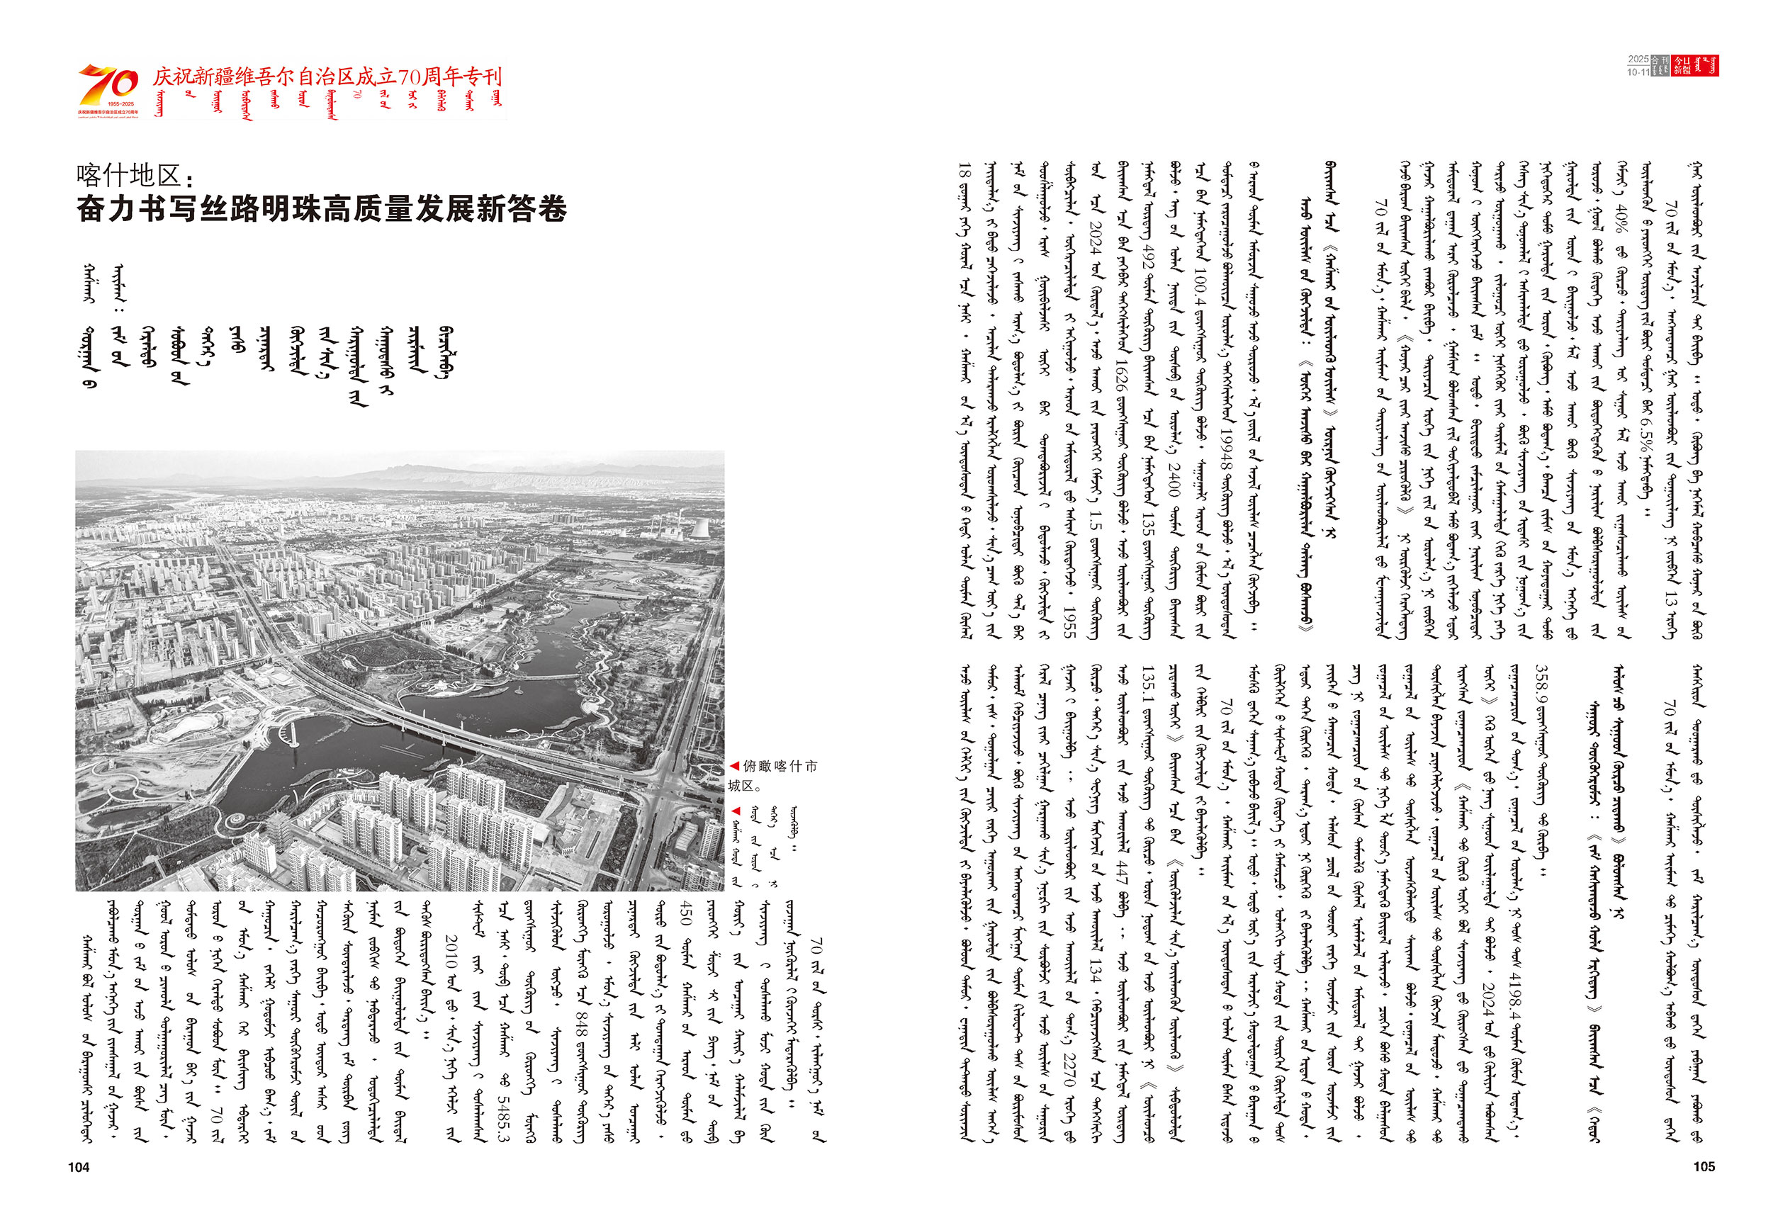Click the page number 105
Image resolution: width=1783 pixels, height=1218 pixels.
(x=1703, y=1166)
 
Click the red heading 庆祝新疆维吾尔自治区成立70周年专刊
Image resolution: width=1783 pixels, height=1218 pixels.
(x=327, y=77)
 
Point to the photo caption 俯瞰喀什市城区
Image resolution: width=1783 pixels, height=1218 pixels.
(x=775, y=774)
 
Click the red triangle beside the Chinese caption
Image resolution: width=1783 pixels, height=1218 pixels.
(x=734, y=765)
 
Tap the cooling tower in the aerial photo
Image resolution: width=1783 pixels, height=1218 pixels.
(x=700, y=529)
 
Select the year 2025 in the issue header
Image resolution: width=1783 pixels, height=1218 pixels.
(x=1637, y=59)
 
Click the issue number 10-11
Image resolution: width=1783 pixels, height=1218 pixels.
(x=1637, y=72)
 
